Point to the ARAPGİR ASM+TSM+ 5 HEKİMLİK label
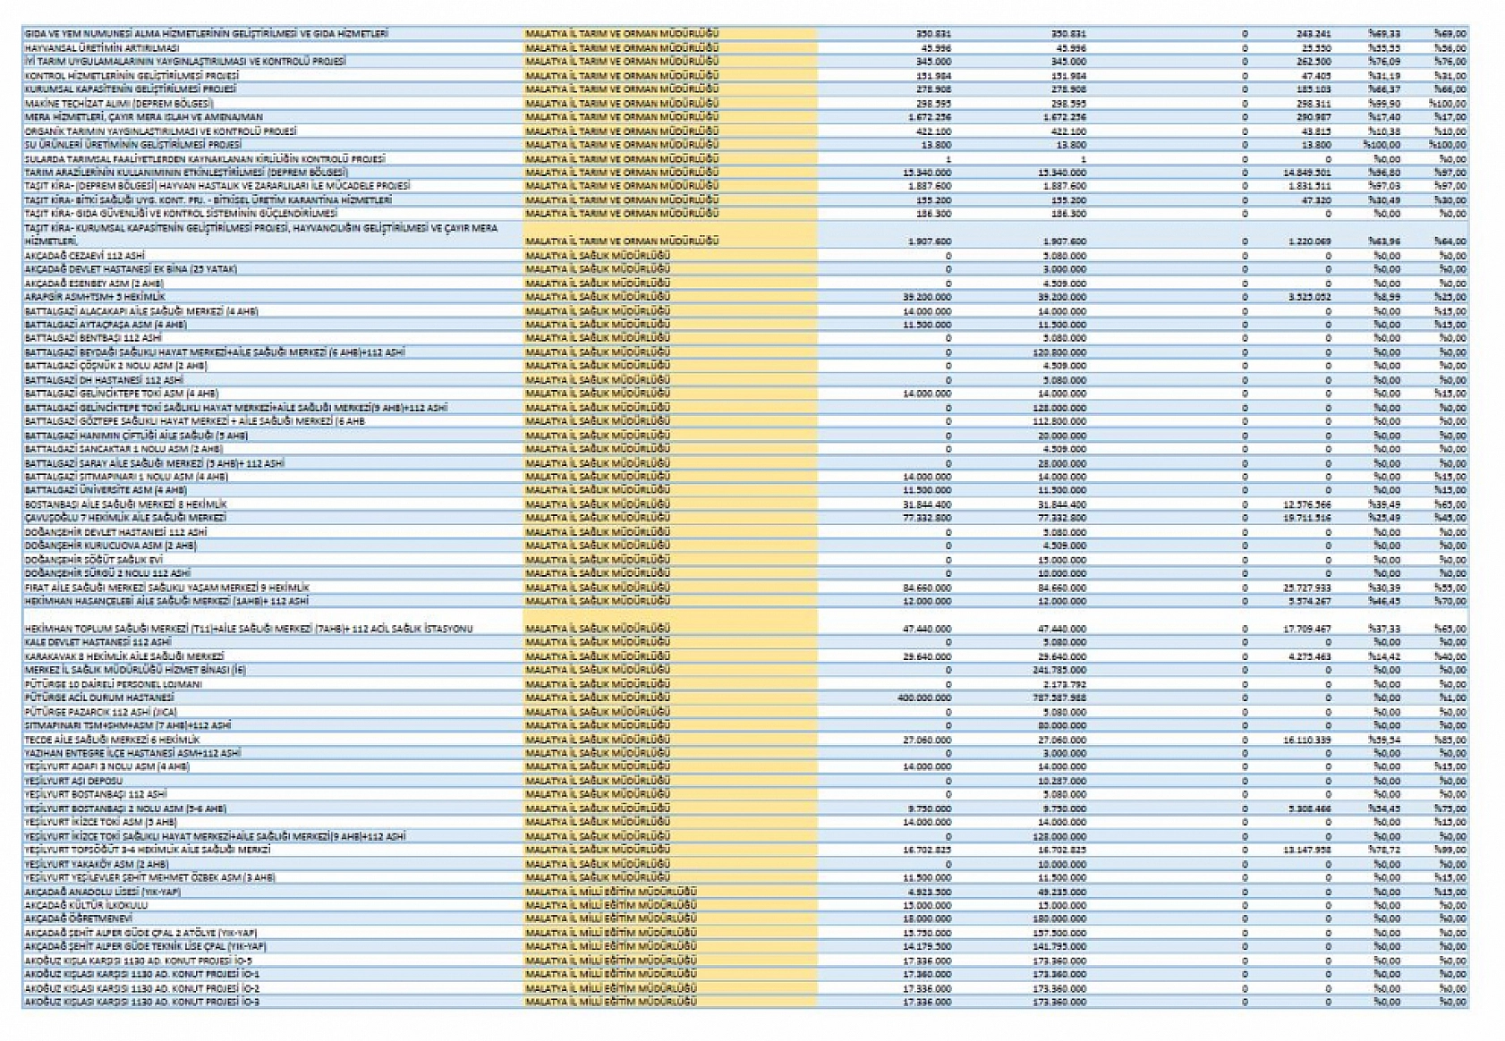[x=95, y=296]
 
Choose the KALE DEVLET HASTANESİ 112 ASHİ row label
[x=98, y=642]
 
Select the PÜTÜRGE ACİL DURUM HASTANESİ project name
[x=99, y=698]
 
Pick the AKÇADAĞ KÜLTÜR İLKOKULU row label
[x=86, y=905]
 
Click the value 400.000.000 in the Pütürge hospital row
[x=923, y=698]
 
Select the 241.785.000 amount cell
[x=1059, y=670]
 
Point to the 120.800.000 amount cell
[x=1059, y=352]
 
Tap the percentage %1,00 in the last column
[x=1452, y=698]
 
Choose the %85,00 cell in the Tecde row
[x=1452, y=740]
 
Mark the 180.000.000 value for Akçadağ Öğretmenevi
[x=1059, y=918]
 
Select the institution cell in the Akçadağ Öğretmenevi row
[x=610, y=918]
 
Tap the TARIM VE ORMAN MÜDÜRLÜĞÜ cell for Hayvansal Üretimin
[x=622, y=47]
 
